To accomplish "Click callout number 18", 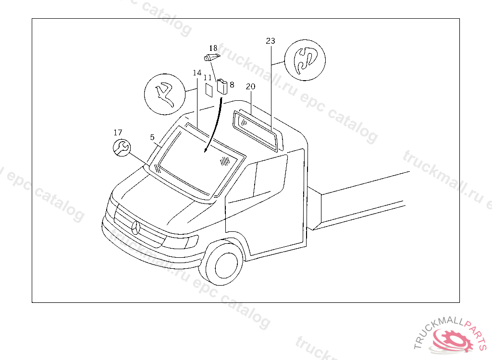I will point(213,48).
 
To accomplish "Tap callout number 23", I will point(271,41).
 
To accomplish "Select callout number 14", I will point(197,73).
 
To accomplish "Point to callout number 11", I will point(208,78).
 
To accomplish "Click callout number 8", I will point(232,84).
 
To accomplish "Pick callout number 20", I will point(250,86).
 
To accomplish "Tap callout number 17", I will point(118,132).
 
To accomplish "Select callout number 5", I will point(152,137).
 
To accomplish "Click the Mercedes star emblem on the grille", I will point(136,228).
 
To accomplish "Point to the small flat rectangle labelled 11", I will point(209,90).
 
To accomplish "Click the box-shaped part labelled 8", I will point(222,87).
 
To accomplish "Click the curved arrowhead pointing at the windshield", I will point(206,150).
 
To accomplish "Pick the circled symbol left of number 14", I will point(165,94).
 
